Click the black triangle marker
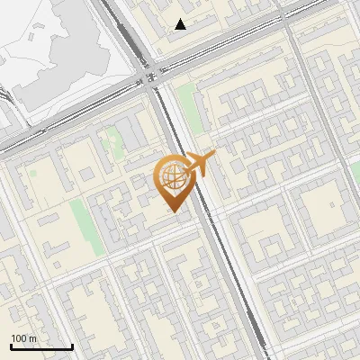(x=181, y=24)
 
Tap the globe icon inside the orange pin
(x=173, y=177)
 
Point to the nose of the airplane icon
(x=213, y=157)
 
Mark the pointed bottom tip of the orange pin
(x=173, y=212)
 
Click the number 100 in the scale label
(x=18, y=338)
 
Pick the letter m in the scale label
(x=32, y=338)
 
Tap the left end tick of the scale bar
(x=11, y=346)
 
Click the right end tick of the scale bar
(x=72, y=346)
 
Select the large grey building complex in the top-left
(x=54, y=54)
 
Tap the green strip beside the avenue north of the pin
(x=190, y=108)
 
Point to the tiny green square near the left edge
(x=33, y=170)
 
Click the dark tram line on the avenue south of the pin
(x=232, y=279)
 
